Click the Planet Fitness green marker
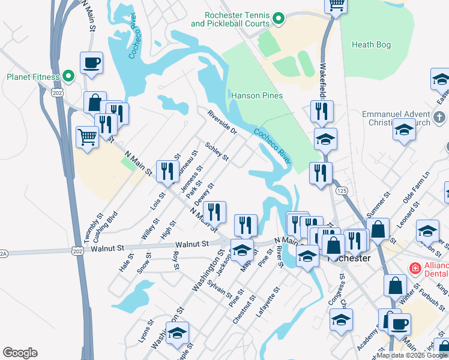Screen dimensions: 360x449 pos(68,77)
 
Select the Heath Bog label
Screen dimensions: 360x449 pos(371,44)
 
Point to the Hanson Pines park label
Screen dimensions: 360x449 pos(257,95)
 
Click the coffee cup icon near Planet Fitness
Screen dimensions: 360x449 pos(91,63)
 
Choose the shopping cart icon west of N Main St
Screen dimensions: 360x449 pos(88,137)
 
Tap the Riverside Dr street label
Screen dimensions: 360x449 pos(222,122)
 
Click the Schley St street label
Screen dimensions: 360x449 pos(217,152)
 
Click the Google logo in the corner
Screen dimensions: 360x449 pos(20,353)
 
